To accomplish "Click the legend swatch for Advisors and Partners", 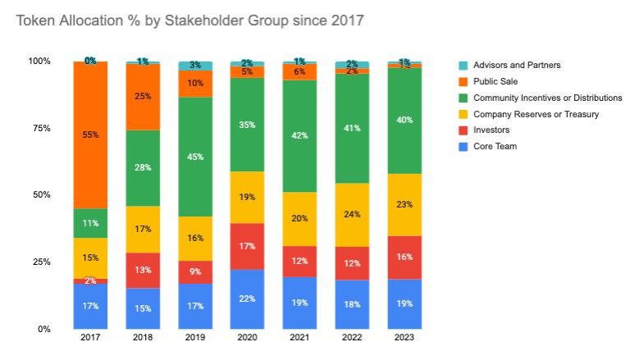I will point(464,65).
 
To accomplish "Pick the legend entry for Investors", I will point(491,130).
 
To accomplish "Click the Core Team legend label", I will point(495,146).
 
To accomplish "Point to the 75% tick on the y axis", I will point(40,128).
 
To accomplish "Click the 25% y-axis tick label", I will point(40,262).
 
